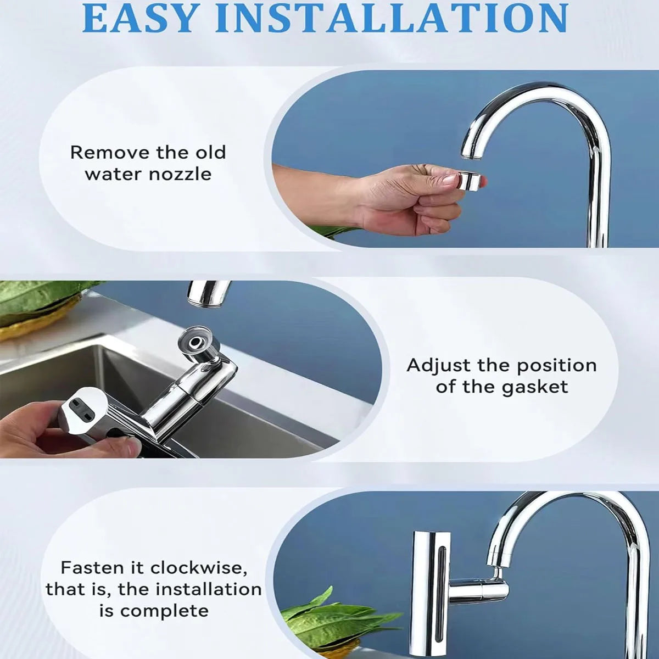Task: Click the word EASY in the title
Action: [x=139, y=18]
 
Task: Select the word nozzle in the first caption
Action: [x=180, y=175]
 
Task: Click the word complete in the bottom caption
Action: [x=164, y=612]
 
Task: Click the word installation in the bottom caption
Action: [x=207, y=590]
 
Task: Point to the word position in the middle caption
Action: [x=557, y=366]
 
